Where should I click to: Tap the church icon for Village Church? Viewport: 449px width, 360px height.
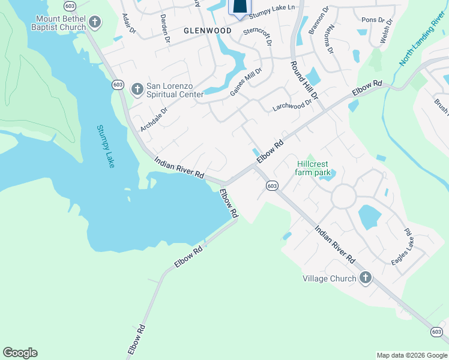[x=365, y=278]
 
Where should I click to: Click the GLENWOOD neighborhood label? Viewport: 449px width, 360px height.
[x=208, y=31]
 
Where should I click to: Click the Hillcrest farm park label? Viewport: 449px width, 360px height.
[x=313, y=168]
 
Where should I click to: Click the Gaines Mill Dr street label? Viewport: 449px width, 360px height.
[x=246, y=82]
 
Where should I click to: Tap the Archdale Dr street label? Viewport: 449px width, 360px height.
[x=154, y=119]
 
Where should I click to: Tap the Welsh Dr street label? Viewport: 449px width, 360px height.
[x=386, y=31]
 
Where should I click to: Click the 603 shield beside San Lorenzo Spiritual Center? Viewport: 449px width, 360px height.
[x=118, y=85]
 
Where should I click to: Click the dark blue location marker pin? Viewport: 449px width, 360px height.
[x=239, y=7]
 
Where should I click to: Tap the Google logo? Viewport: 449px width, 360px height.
[x=20, y=353]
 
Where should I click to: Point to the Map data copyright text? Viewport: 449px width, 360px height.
[x=411, y=355]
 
